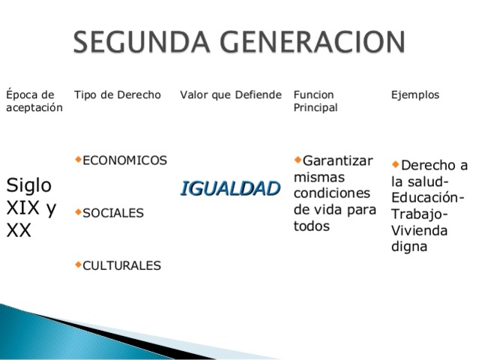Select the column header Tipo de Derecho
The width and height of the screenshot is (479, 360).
[118, 95]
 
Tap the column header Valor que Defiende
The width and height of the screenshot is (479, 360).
[231, 95]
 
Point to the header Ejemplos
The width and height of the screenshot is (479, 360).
[415, 95]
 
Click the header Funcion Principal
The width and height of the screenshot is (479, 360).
[316, 101]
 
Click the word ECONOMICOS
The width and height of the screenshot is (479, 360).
[124, 160]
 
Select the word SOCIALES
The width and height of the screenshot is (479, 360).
[113, 213]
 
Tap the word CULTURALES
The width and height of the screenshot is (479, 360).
[121, 265]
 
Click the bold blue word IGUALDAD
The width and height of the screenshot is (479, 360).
[230, 188]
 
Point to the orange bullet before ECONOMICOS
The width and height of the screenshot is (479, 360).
[78, 159]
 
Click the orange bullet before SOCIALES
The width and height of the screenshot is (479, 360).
[78, 212]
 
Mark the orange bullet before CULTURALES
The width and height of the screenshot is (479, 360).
[78, 264]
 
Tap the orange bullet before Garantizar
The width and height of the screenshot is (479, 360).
[298, 159]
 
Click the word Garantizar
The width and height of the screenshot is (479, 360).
[337, 161]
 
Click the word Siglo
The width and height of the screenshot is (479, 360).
[28, 185]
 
